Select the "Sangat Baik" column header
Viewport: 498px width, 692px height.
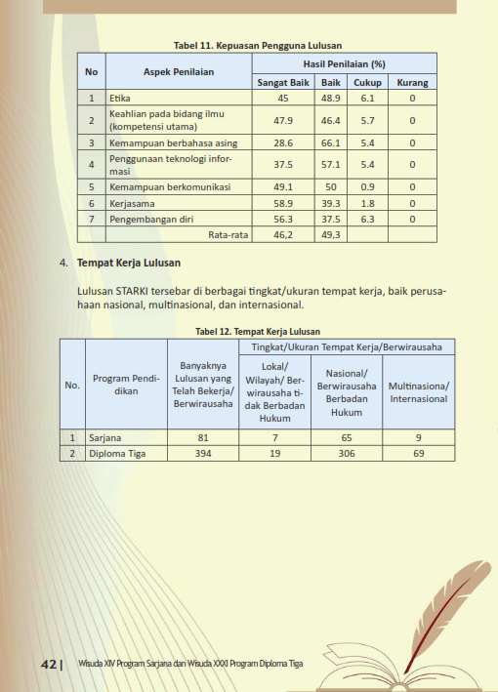coord(283,83)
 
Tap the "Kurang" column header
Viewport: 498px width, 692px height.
coord(412,83)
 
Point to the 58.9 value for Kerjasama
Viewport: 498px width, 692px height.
coord(283,203)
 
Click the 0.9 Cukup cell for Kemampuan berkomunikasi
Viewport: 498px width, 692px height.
coord(367,186)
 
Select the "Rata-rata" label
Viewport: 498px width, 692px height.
coord(228,234)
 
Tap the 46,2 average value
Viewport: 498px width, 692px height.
coord(283,234)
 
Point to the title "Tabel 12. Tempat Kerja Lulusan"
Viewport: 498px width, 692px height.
coord(258,332)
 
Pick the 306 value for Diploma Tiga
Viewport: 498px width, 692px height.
coord(347,454)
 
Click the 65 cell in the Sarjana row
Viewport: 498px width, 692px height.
coord(347,438)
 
